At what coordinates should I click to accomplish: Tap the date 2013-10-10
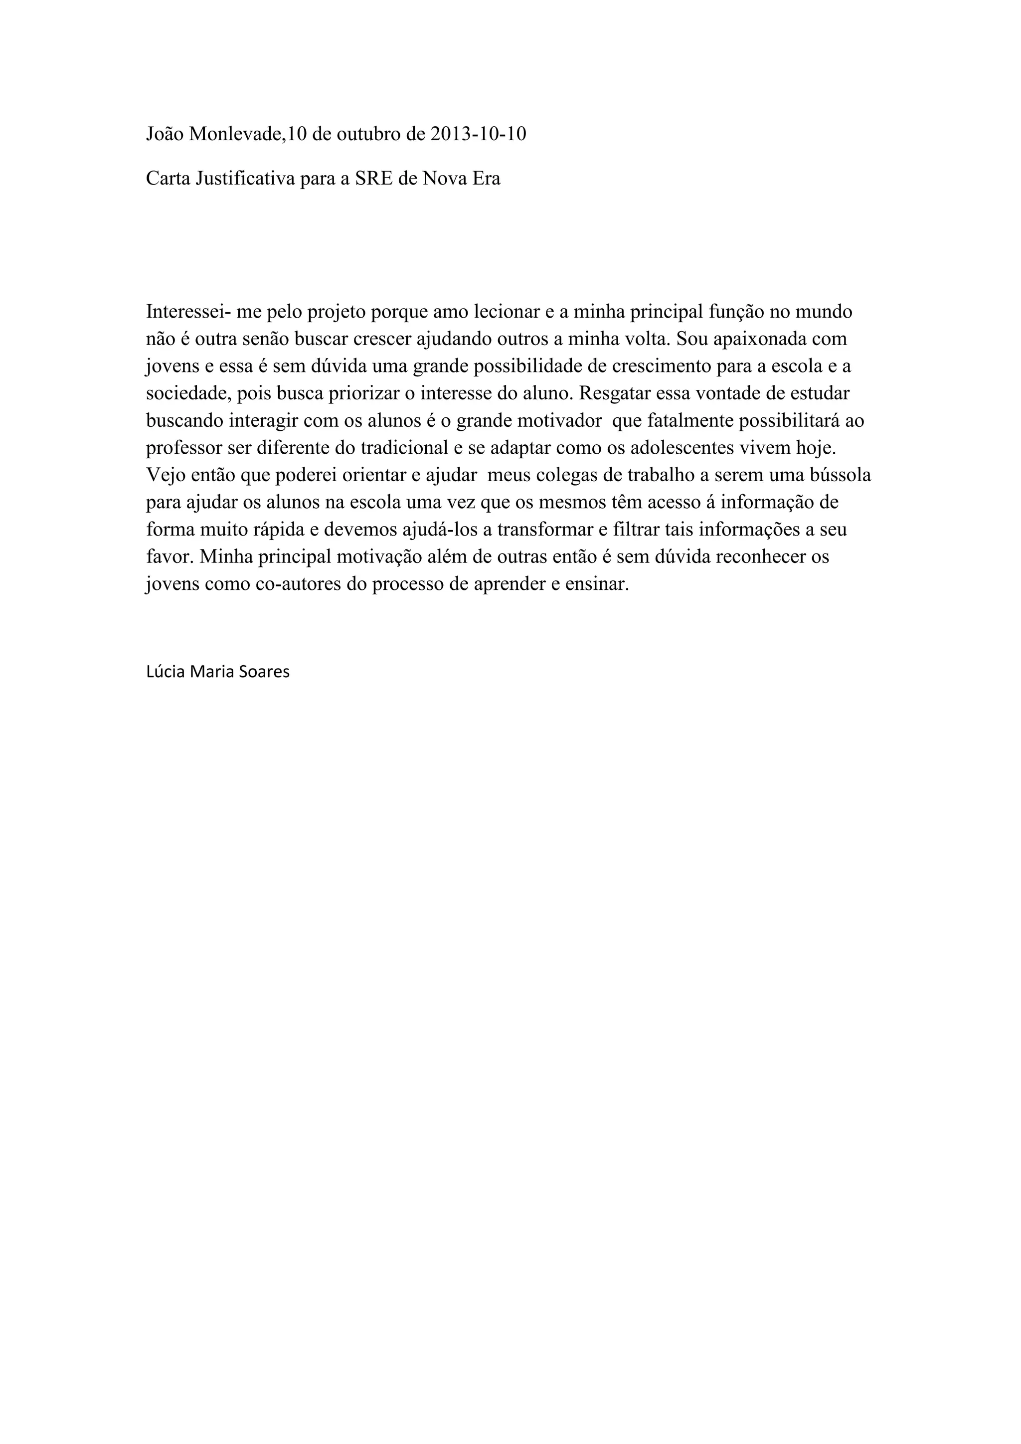(x=479, y=134)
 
